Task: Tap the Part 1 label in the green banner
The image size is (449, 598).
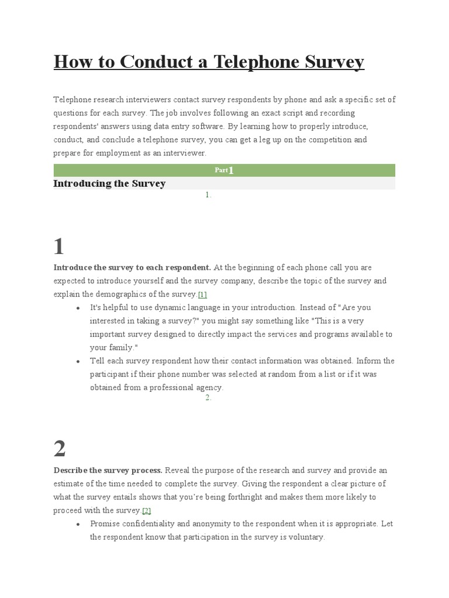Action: (224, 170)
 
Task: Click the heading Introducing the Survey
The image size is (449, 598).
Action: (109, 183)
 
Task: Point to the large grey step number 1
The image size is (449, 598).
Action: (58, 247)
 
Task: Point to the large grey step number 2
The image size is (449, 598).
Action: (59, 449)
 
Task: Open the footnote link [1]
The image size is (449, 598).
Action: (202, 294)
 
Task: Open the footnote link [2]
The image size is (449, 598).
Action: (146, 510)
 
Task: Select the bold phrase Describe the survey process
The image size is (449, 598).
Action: (108, 470)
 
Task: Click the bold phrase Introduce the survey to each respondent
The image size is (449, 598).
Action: (132, 267)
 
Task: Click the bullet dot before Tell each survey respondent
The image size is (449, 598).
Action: (78, 361)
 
